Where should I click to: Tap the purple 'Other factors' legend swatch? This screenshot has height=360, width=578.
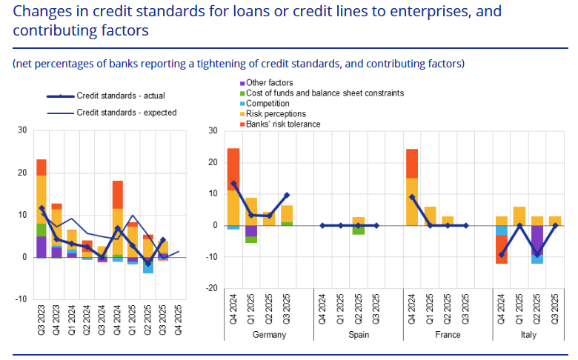[242, 83]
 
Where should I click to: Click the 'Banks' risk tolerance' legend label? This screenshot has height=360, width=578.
[283, 124]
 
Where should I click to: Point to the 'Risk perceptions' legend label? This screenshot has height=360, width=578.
[276, 114]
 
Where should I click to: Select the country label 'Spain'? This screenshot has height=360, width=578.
[358, 335]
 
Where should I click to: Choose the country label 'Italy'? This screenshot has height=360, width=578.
[537, 335]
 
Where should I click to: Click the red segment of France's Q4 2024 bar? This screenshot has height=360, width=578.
[412, 163]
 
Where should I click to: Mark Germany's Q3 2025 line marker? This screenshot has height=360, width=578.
[287, 195]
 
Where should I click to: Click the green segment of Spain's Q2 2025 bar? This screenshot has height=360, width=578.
[358, 230]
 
